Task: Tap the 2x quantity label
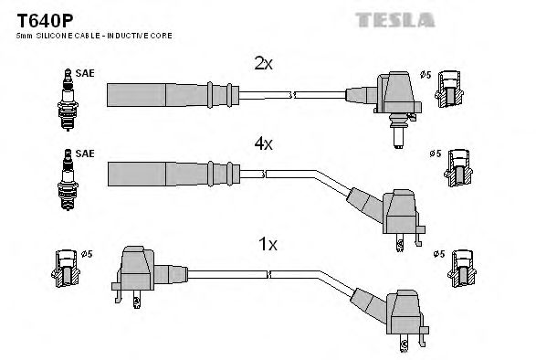(x=263, y=64)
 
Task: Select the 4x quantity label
(x=263, y=144)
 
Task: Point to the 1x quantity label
(x=268, y=246)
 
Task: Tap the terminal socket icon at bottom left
(x=66, y=270)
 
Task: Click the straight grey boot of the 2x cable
(x=164, y=94)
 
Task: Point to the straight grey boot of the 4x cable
(x=164, y=173)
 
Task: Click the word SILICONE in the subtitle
(x=54, y=36)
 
